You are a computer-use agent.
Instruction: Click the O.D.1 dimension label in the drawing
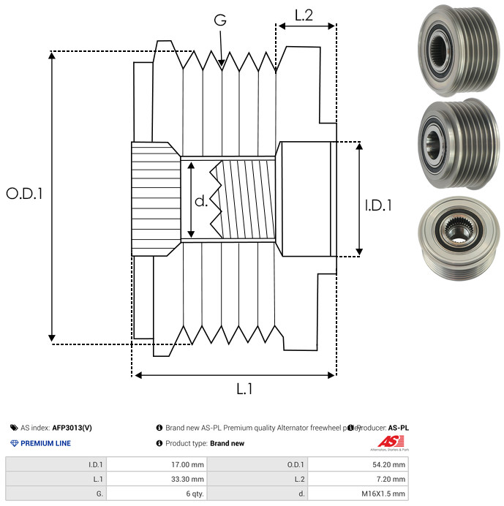coord(25,194)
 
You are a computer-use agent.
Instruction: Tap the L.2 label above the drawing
coord(304,14)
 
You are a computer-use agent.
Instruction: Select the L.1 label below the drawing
coord(244,390)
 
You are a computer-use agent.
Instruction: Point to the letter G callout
coord(220,21)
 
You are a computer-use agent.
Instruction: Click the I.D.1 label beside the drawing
coord(378,206)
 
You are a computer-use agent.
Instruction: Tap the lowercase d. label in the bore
coord(200,201)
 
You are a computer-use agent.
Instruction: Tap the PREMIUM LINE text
coord(45,443)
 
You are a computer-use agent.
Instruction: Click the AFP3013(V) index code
coord(72,428)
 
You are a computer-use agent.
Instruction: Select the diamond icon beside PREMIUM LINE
coord(14,443)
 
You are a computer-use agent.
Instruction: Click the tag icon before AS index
coord(14,428)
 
